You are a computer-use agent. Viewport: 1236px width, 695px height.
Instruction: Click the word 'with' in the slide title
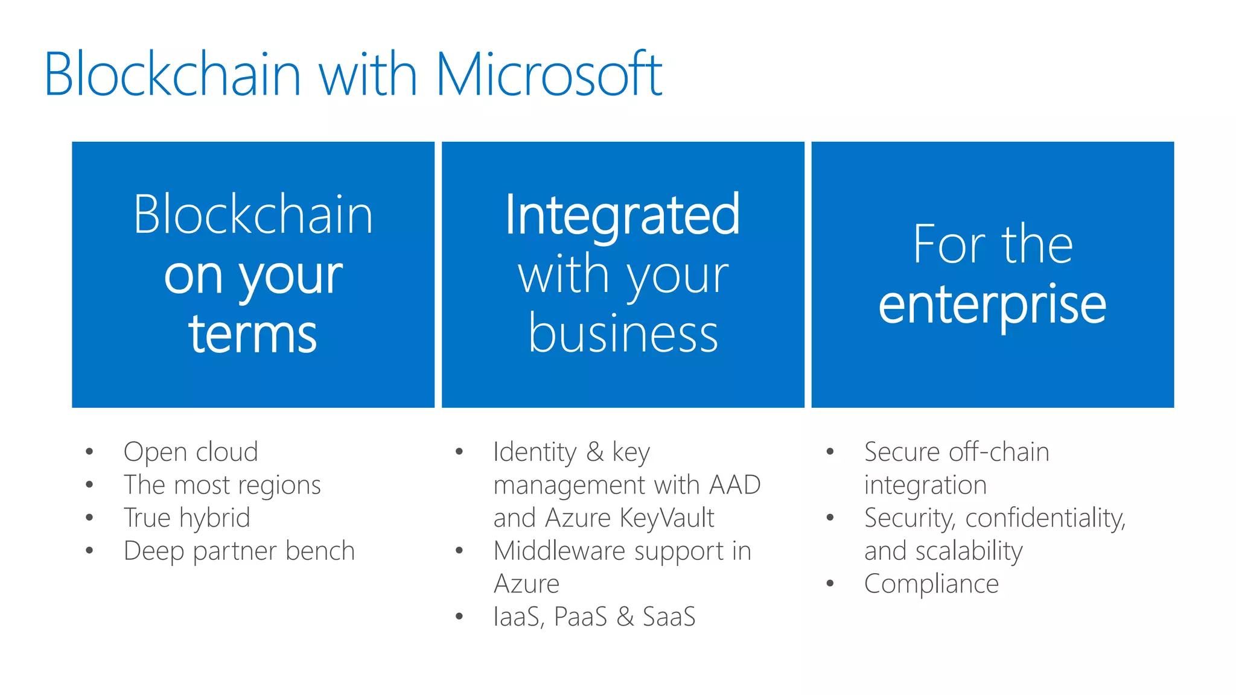[x=368, y=75]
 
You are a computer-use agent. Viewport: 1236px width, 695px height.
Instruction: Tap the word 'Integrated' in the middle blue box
[x=622, y=215]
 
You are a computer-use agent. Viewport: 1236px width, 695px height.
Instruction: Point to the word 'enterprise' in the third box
[x=992, y=305]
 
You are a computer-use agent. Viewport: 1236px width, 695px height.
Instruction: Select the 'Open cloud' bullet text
[x=191, y=452]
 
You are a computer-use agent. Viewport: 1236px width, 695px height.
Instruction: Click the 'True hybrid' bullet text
[x=186, y=518]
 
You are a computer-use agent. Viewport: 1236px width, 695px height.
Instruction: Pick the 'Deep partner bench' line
[x=239, y=551]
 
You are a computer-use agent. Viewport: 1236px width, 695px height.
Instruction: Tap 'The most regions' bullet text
[x=222, y=485]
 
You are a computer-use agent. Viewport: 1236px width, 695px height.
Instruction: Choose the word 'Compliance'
[x=931, y=584]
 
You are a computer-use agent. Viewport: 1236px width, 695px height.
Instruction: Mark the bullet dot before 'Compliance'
[x=830, y=583]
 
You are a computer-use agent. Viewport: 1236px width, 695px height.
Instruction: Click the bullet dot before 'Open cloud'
[x=89, y=452]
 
